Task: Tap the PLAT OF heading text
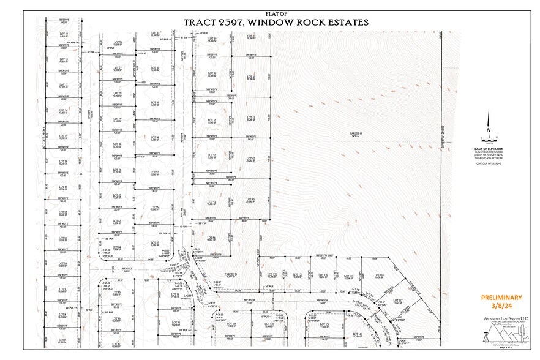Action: pyautogui.click(x=276, y=13)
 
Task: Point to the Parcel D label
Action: pyautogui.click(x=230, y=274)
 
